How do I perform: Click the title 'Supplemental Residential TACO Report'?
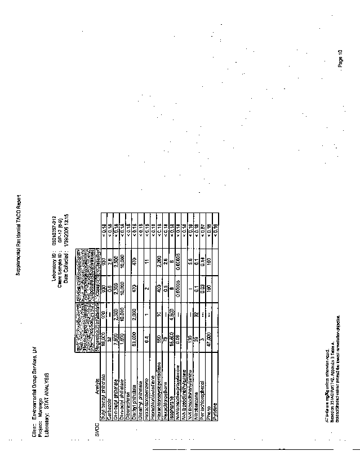tap(18, 235)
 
